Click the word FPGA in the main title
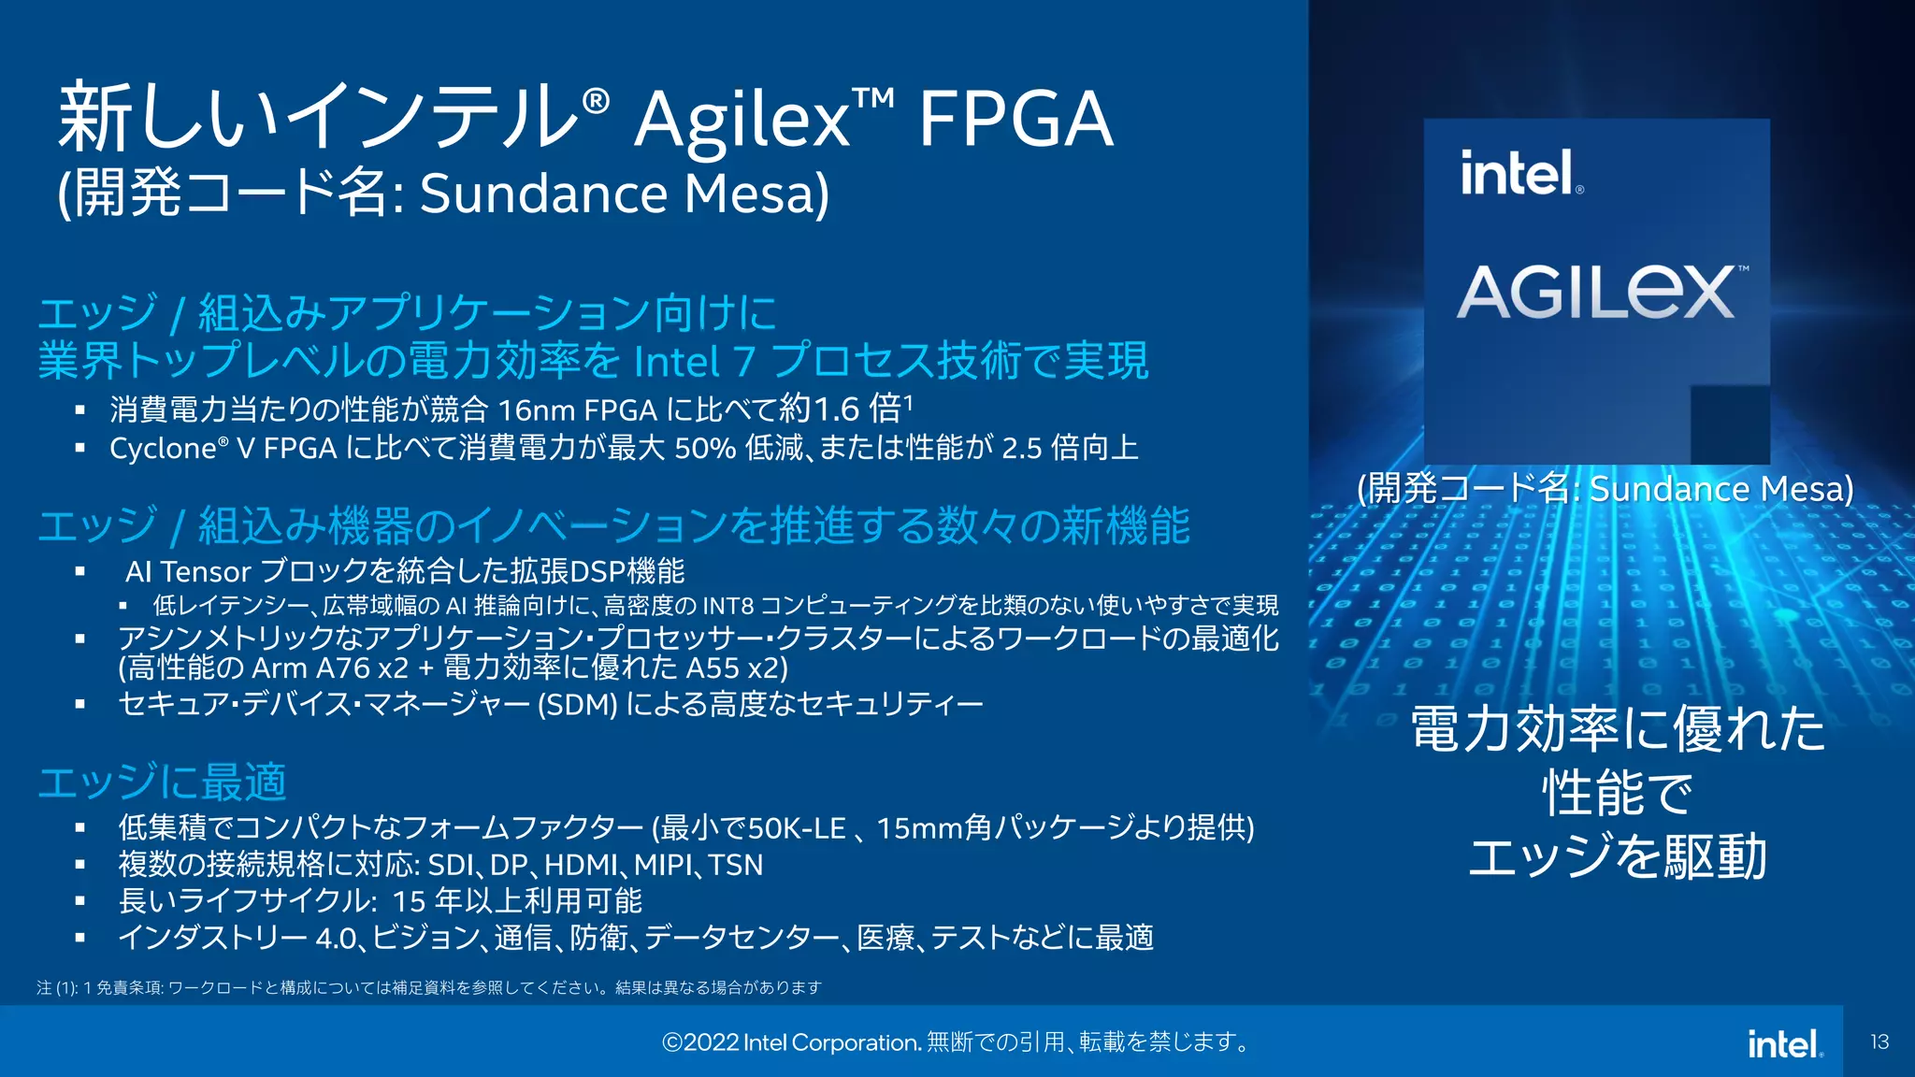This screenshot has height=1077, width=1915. (x=1015, y=120)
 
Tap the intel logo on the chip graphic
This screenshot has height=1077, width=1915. (x=1519, y=174)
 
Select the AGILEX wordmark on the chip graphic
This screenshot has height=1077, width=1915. (x=1597, y=292)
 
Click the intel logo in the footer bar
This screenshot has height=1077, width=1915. (x=1784, y=1043)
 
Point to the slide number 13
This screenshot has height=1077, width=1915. (x=1879, y=1041)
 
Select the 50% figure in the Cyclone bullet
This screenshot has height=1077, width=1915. (x=705, y=449)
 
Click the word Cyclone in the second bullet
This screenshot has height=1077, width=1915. (x=164, y=449)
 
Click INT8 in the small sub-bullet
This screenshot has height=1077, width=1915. (x=727, y=606)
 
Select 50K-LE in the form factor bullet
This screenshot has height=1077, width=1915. (x=797, y=828)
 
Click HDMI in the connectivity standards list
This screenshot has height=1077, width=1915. (x=581, y=866)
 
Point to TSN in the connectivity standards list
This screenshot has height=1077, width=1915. (x=736, y=866)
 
